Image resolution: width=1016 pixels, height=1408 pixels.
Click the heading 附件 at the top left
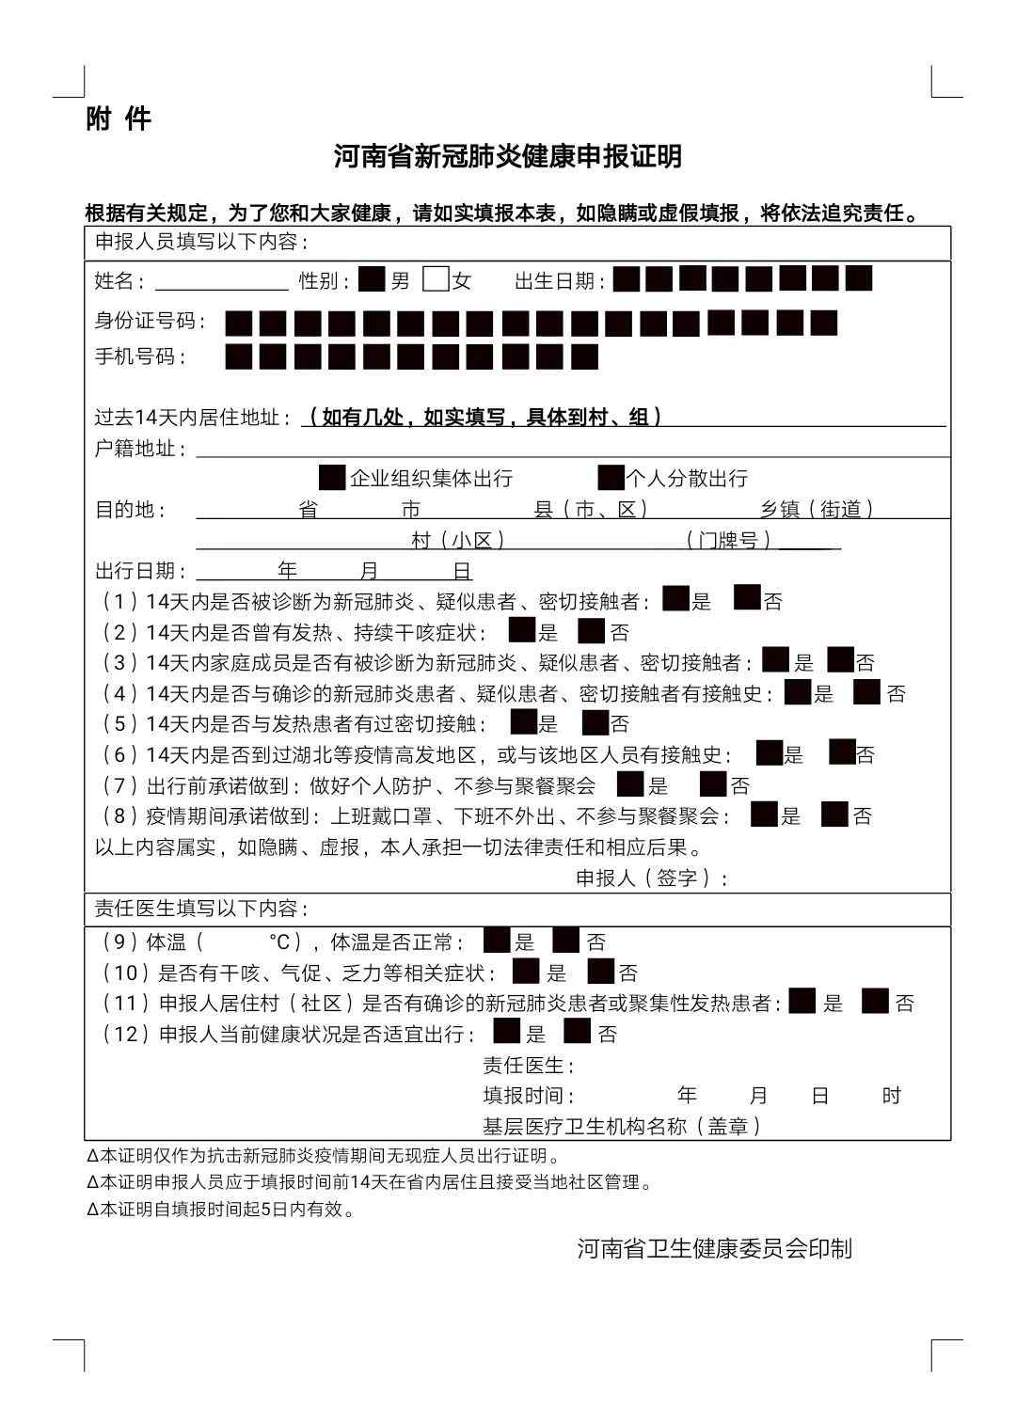[118, 119]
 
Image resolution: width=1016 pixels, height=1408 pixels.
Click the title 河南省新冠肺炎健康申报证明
[508, 156]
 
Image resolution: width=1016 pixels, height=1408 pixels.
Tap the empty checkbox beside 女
[436, 280]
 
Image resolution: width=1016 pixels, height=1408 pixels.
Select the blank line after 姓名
[222, 281]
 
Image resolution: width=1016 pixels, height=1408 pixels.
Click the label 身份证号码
[151, 322]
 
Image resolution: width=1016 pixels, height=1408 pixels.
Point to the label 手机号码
[140, 357]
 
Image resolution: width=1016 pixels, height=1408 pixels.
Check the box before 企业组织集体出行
[332, 478]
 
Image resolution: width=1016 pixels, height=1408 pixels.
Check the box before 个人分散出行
[611, 478]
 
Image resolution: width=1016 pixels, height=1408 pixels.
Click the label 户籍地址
[140, 449]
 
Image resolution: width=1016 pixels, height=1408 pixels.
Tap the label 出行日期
[140, 571]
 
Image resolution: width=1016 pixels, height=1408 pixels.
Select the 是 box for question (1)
[675, 599]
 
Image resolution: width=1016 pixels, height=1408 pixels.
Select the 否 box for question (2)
[591, 630]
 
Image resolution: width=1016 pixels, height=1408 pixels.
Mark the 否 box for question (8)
[834, 815]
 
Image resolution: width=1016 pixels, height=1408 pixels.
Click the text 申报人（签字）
[651, 878]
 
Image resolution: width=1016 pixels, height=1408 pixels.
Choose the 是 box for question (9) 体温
[496, 941]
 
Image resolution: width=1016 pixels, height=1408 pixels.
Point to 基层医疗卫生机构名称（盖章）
[622, 1126]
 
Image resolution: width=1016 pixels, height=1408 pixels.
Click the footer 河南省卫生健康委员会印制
[714, 1248]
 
